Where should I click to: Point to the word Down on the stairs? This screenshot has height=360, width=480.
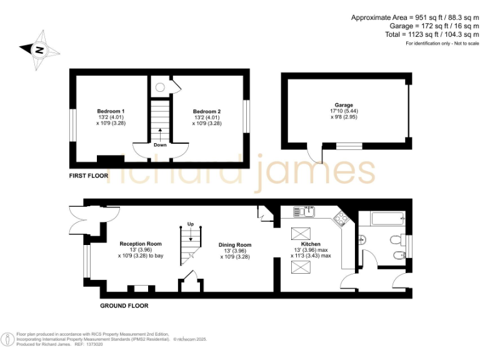click(x=160, y=144)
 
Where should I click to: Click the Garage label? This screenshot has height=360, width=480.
click(x=344, y=105)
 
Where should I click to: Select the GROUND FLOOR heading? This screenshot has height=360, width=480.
click(x=124, y=306)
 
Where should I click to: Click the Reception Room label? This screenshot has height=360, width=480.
click(x=141, y=244)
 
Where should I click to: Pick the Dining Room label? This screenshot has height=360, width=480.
click(x=235, y=245)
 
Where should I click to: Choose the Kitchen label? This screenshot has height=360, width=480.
click(x=311, y=244)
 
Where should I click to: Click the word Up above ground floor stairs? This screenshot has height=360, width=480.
click(x=191, y=224)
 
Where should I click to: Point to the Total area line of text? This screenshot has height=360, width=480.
click(x=432, y=34)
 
